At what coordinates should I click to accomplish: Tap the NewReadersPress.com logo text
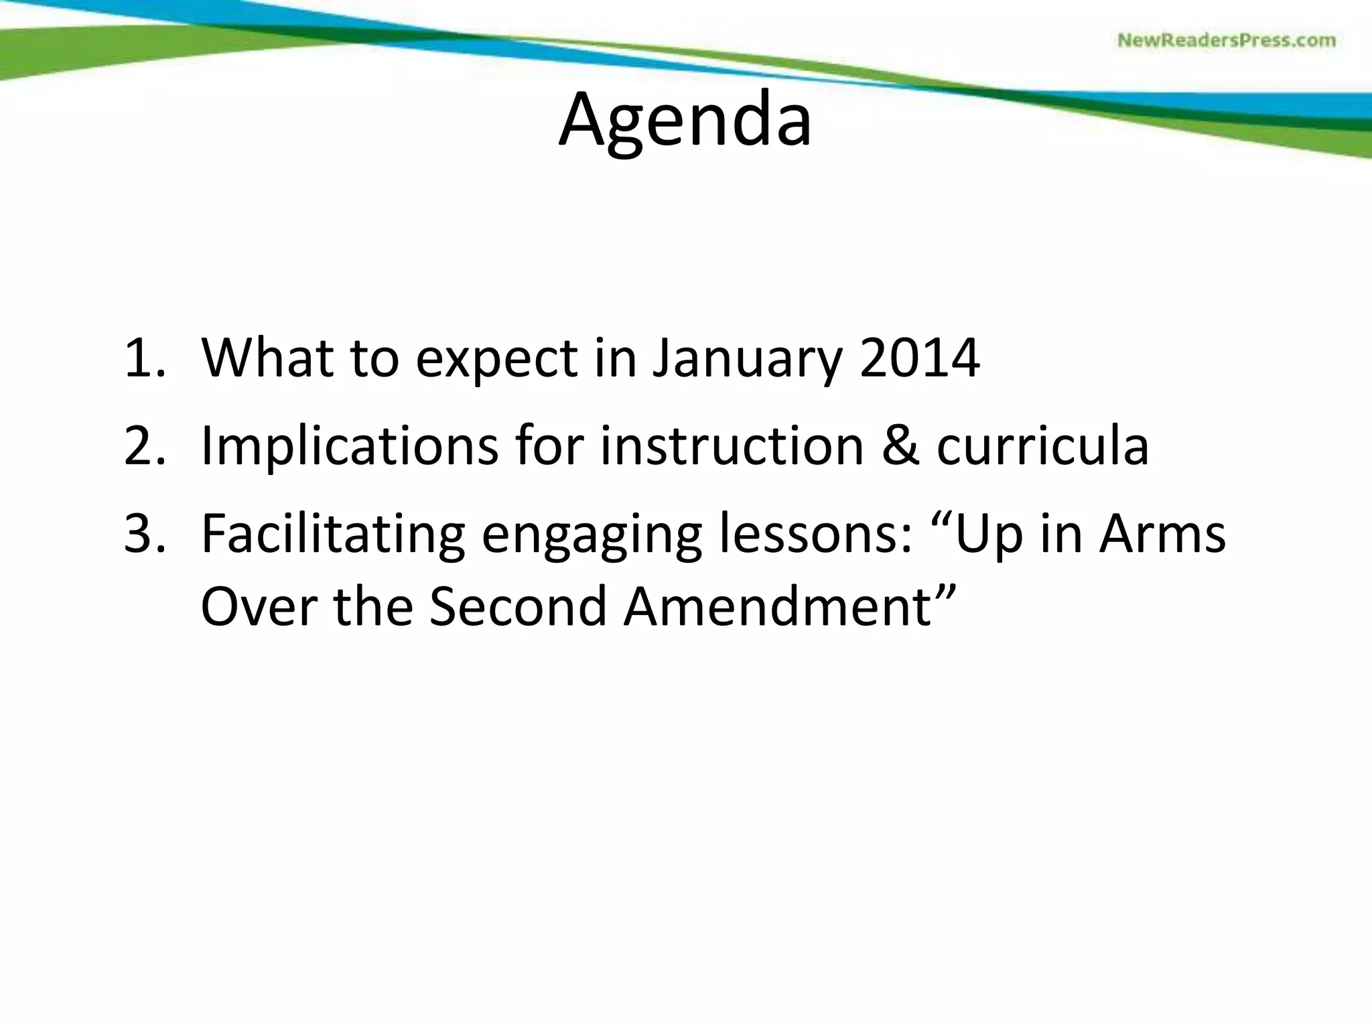[x=1226, y=40]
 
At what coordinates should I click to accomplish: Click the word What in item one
[x=267, y=358]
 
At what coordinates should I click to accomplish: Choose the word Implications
[x=349, y=448]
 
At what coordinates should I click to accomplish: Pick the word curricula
[x=1042, y=446]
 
